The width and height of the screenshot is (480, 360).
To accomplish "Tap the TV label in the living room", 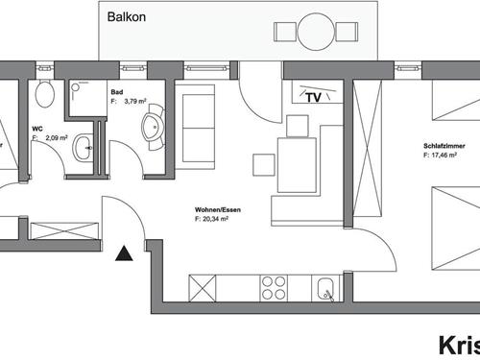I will [x=313, y=97].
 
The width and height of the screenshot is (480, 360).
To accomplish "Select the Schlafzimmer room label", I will [x=444, y=147].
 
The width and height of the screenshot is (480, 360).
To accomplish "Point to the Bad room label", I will [x=117, y=93].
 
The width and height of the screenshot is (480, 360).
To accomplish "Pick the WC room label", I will [x=37, y=128].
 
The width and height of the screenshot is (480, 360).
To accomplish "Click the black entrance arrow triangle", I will [x=123, y=253].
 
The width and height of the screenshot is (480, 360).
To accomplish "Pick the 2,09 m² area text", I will [x=52, y=137].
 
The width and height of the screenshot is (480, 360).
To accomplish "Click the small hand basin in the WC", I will [x=84, y=147].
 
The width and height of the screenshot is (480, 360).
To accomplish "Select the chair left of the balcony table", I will [x=282, y=31].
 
